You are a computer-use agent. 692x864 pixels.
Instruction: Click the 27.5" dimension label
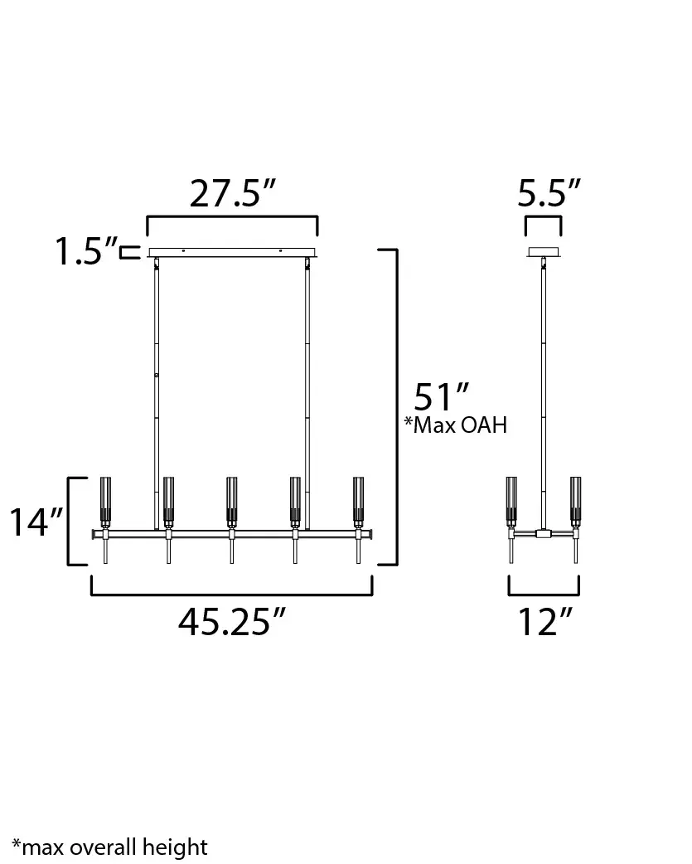[232, 194]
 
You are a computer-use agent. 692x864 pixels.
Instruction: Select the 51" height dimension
[442, 396]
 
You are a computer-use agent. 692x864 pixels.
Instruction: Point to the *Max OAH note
[455, 425]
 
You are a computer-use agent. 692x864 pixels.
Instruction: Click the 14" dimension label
[36, 523]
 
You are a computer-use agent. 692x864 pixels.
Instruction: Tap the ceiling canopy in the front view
[232, 252]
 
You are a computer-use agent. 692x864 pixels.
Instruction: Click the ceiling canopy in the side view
[544, 252]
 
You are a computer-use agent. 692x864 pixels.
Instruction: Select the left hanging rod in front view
[156, 390]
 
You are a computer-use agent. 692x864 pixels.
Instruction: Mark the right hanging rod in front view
[307, 390]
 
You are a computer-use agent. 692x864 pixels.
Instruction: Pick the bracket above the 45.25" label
[232, 594]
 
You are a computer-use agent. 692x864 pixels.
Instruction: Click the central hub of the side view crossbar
[544, 533]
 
